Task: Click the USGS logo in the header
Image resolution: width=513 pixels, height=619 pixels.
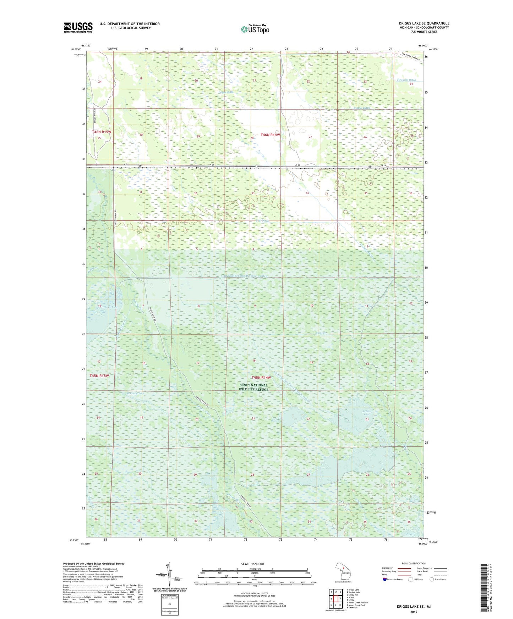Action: point(78,27)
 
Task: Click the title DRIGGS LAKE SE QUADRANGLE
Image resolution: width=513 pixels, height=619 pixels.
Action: point(424,23)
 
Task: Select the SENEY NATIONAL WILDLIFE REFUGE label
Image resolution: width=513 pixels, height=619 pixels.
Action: point(253,387)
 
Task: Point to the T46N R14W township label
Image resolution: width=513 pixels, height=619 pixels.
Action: point(271,135)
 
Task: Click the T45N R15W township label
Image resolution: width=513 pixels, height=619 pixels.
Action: point(99,375)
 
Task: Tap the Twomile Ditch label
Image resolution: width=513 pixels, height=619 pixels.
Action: point(406,80)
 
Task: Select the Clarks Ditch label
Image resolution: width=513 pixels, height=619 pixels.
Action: point(362,108)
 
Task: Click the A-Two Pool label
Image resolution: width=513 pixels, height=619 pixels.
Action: point(367,413)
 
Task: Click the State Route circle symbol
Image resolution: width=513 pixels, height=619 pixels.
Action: point(432,579)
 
